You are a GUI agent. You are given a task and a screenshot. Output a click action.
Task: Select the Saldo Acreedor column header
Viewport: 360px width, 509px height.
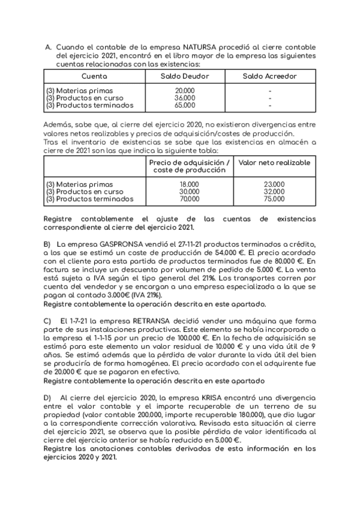[x=269, y=76]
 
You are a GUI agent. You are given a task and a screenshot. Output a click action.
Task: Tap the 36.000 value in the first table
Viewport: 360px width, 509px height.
[x=184, y=98]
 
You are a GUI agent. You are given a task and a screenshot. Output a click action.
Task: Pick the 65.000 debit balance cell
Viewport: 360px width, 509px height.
[x=184, y=105]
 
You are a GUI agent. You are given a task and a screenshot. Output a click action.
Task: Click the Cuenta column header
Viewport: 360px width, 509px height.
[x=94, y=76]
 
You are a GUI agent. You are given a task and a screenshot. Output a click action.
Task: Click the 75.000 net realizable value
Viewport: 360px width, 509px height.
[x=274, y=199]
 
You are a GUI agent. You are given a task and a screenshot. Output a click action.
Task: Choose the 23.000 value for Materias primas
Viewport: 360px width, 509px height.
[x=274, y=184]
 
